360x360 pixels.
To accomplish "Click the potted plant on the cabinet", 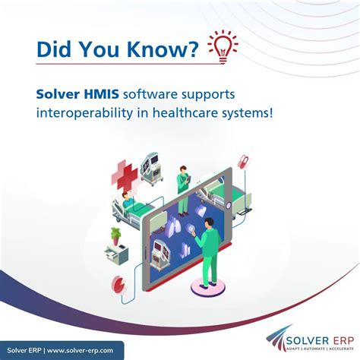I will click(x=115, y=235).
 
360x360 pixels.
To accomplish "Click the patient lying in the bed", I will click(x=130, y=203).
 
